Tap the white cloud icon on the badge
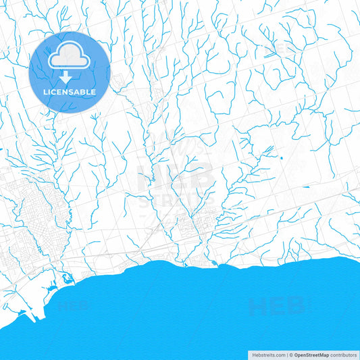70,59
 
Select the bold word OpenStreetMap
311,355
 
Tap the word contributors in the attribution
344,355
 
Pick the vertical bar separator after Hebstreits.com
286,355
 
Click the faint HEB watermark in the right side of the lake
277,307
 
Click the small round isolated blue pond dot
281,157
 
